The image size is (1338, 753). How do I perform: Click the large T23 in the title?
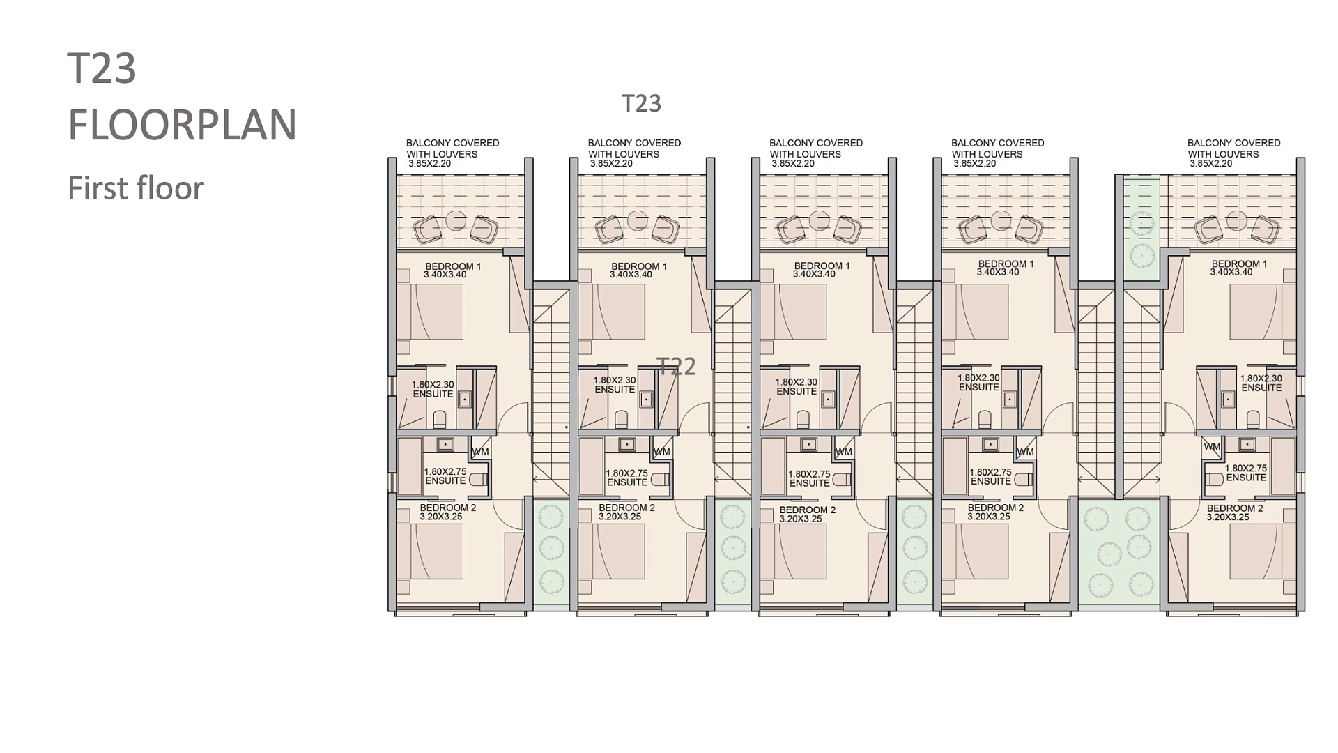click(102, 68)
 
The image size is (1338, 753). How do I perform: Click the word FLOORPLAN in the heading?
click(183, 125)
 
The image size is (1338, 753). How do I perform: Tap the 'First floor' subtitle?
click(136, 188)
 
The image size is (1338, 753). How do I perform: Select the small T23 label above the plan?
click(641, 103)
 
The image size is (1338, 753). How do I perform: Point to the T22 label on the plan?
click(677, 366)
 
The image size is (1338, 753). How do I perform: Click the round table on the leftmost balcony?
click(456, 220)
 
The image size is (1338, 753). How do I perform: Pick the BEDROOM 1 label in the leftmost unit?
click(453, 266)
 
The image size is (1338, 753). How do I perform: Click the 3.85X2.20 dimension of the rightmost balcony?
click(1210, 163)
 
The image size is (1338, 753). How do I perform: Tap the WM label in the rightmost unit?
click(1212, 446)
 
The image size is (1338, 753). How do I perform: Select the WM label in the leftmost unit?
click(480, 452)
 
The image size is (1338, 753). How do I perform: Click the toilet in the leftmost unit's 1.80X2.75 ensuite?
click(477, 480)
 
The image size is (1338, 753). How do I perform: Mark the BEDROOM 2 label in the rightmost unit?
click(1235, 509)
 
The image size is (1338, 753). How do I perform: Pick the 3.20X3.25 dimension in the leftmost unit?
click(441, 517)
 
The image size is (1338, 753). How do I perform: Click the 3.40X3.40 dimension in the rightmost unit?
click(1231, 272)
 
